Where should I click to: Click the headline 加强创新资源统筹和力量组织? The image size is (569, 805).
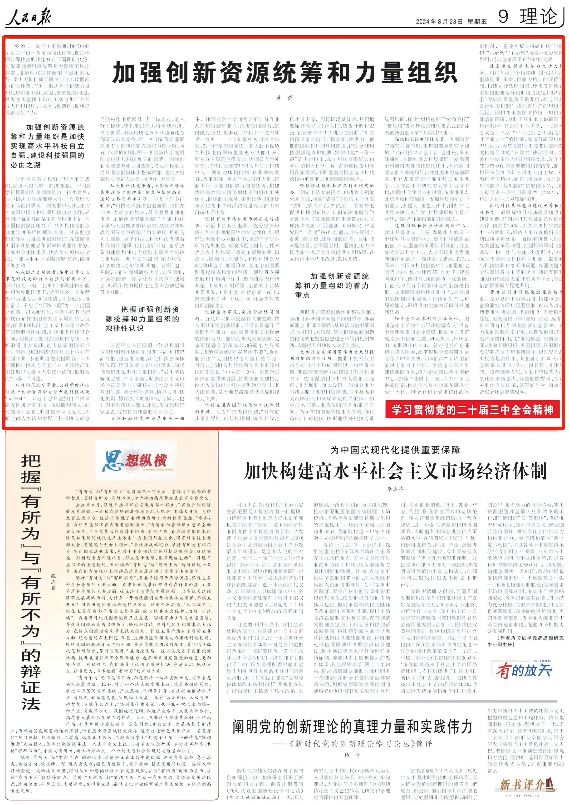(285, 73)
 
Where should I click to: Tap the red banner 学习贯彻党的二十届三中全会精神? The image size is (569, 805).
(472, 410)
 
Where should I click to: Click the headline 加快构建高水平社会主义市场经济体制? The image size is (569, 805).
(395, 471)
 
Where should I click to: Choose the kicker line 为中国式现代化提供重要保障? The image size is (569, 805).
(395, 450)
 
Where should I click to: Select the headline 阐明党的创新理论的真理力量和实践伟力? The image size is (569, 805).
(352, 727)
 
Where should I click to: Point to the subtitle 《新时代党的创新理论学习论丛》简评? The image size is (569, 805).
(352, 744)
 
